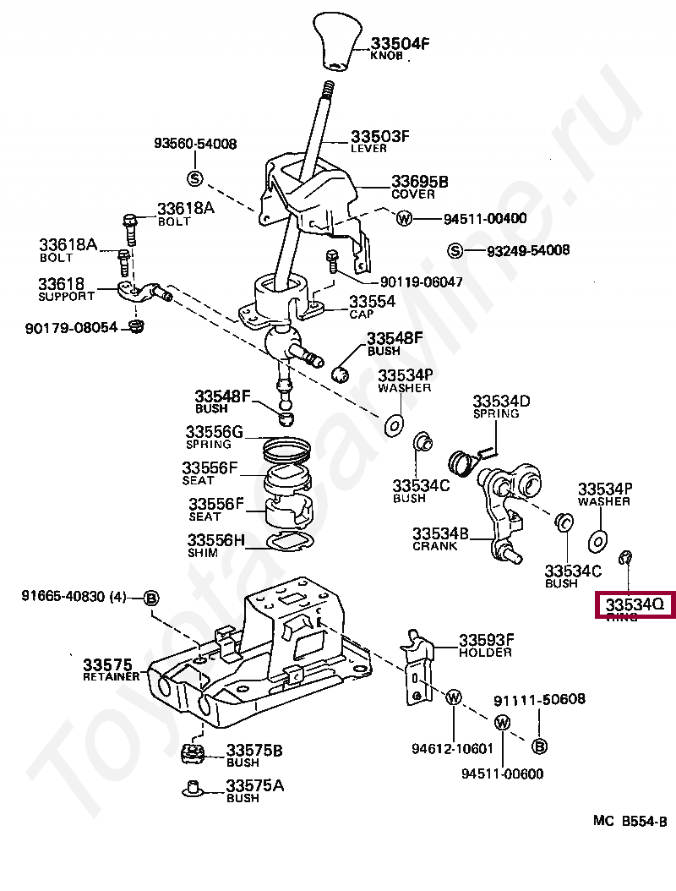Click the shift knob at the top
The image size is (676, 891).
[x=342, y=40]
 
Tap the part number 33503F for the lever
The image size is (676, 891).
[x=380, y=136]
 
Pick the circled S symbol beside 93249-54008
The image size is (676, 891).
[x=455, y=250]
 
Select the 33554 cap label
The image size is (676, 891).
[x=373, y=301]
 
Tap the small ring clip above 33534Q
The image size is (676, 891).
[x=626, y=556]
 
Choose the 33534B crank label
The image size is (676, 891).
[x=440, y=534]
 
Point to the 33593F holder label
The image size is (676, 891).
[x=487, y=640]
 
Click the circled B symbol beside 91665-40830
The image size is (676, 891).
[x=150, y=598]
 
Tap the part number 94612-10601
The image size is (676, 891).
[x=452, y=749]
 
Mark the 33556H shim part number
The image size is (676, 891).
[x=215, y=540]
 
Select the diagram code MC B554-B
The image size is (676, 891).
[x=630, y=820]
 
